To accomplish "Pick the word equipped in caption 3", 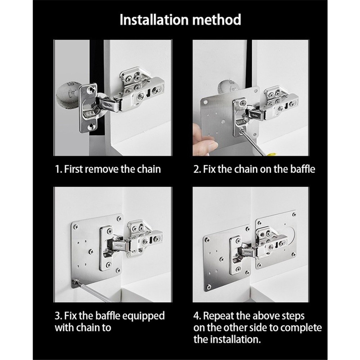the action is [x=143, y=316].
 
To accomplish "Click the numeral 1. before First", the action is [x=59, y=169].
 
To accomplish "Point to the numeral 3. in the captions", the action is [x=58, y=316].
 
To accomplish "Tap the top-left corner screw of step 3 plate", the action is [x=75, y=227].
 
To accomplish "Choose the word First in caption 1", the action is [x=73, y=169].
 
